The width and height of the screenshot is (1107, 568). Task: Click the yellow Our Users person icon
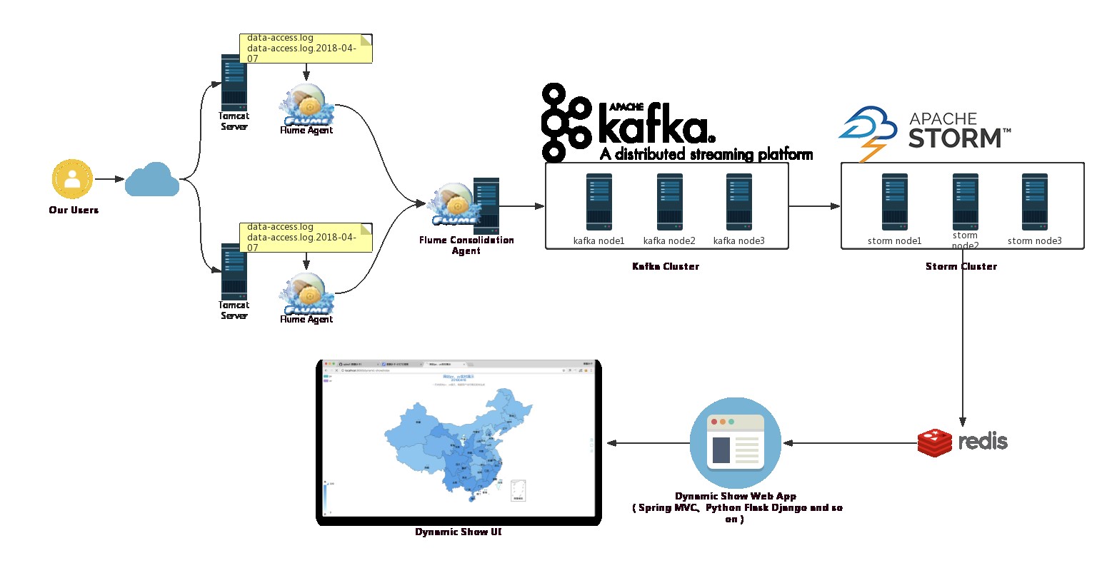pos(72,179)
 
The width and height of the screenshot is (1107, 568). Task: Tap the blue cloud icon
pos(151,179)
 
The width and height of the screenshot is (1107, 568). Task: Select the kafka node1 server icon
pos(598,202)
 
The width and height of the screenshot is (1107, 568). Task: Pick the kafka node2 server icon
pos(669,202)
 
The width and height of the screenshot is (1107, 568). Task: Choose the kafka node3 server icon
pos(738,202)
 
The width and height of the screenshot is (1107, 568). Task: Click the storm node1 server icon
pos(894,202)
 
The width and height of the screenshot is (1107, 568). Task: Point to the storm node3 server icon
pos(1034,202)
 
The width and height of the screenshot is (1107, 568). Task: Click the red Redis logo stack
pos(934,442)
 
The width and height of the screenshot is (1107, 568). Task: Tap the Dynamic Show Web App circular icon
pos(735,442)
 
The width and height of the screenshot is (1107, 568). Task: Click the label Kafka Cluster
pos(666,266)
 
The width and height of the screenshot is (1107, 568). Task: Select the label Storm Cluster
pos(961,266)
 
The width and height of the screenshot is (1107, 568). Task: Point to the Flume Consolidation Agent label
pos(466,245)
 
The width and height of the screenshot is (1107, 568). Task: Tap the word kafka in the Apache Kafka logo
pos(654,126)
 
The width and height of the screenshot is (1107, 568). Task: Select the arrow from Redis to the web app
pos(850,443)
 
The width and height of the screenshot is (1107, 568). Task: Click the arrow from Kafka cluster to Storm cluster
pos(814,206)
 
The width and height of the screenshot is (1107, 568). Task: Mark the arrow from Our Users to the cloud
pos(109,179)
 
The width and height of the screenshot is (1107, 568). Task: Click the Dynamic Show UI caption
pos(458,532)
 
